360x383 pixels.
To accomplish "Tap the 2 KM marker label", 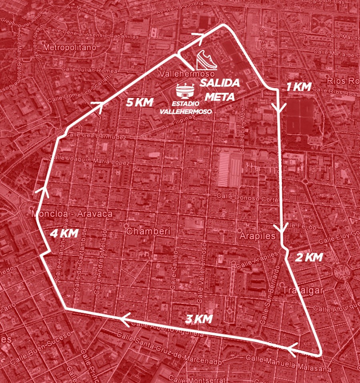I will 308,258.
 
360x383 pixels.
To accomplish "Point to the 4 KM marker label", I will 63,234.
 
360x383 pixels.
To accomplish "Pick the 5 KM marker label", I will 140,102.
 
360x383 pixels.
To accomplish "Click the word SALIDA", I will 220,84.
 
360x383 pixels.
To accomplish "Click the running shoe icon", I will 207,62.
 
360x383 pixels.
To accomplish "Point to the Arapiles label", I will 257,236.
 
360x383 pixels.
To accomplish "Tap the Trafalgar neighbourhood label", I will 302,289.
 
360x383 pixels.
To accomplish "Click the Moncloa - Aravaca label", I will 72,214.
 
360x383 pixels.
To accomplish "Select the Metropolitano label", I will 70,48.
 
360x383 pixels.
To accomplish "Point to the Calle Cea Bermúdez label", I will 96,136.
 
